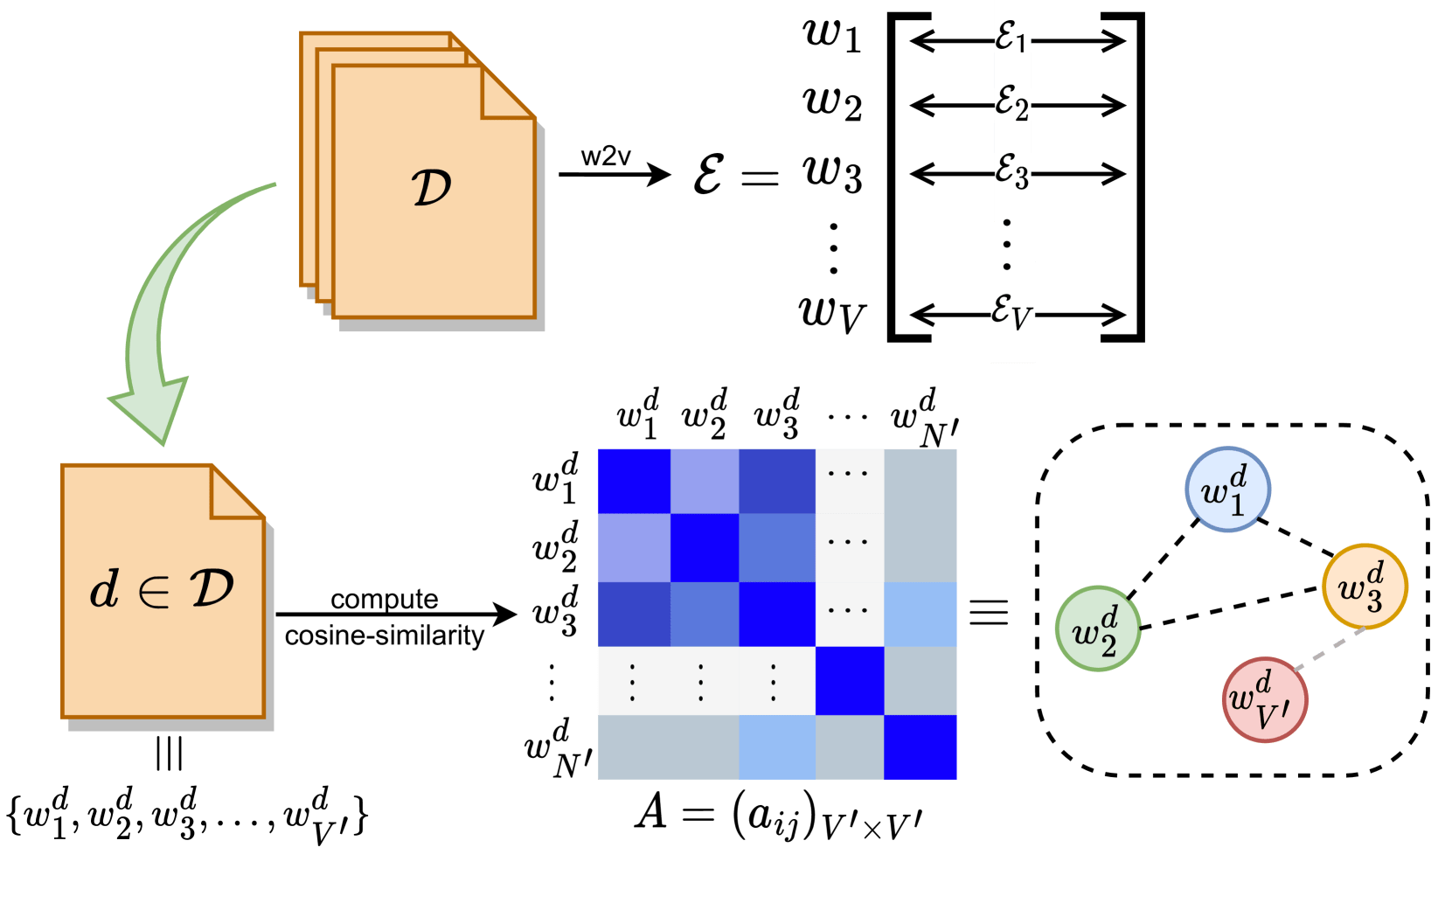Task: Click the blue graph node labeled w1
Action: pyautogui.click(x=1227, y=490)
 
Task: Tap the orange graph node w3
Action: pyautogui.click(x=1364, y=587)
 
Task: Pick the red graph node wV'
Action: pyautogui.click(x=1263, y=700)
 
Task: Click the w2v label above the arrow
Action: pyautogui.click(x=606, y=157)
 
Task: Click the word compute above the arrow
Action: pyautogui.click(x=385, y=600)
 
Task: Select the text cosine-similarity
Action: pyautogui.click(x=385, y=636)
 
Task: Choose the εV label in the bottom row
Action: pyautogui.click(x=1012, y=312)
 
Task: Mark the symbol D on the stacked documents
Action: pyautogui.click(x=431, y=187)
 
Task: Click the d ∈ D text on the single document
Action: pyautogui.click(x=163, y=589)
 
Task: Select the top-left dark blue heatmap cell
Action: pyautogui.click(x=634, y=482)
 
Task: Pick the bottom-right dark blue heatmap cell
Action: pyautogui.click(x=920, y=747)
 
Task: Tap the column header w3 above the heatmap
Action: pyautogui.click(x=777, y=414)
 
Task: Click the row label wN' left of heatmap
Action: pyautogui.click(x=558, y=749)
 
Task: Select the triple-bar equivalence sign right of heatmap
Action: pyautogui.click(x=989, y=611)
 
